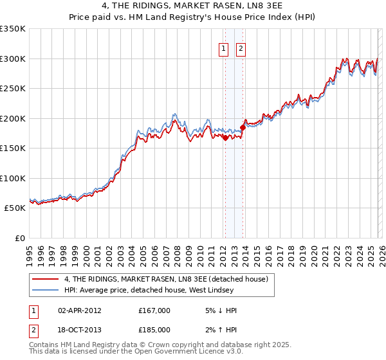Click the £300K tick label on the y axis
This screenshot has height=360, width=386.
click(x=13, y=59)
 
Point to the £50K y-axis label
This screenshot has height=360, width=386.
click(x=15, y=208)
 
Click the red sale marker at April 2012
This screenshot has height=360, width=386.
click(x=225, y=138)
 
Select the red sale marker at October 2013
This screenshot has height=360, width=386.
click(x=243, y=127)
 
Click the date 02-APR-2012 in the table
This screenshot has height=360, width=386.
click(x=80, y=310)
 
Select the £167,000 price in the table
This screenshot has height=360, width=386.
click(x=154, y=310)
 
